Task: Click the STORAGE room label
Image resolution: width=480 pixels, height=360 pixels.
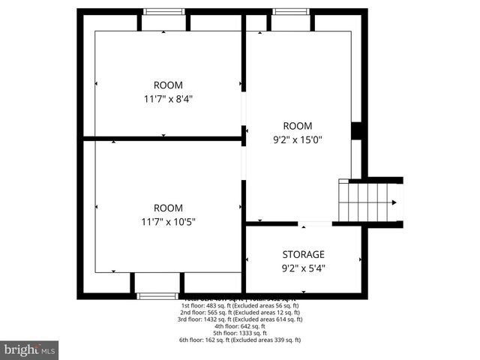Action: [x=303, y=254]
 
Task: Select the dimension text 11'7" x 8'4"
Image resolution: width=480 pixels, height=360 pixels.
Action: [x=168, y=98]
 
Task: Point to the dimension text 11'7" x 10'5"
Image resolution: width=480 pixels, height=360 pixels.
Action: [x=168, y=221]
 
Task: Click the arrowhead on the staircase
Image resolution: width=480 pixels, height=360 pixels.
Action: [x=394, y=202]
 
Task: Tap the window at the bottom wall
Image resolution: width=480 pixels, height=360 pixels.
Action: [x=157, y=296]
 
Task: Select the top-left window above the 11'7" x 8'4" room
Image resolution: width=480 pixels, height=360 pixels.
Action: [x=164, y=12]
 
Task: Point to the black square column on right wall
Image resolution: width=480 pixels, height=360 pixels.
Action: [x=357, y=130]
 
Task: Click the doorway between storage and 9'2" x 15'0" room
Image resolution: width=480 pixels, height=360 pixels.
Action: [x=315, y=223]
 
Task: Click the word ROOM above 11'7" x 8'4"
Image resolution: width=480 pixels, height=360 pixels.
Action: [x=168, y=85]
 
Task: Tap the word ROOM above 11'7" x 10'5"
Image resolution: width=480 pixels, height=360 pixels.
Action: [x=168, y=208]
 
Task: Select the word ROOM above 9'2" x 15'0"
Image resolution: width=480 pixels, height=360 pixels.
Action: [x=297, y=125]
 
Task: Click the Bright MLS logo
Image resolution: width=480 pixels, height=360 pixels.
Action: [x=30, y=349]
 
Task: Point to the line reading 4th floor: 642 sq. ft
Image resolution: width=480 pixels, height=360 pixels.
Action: [x=240, y=326]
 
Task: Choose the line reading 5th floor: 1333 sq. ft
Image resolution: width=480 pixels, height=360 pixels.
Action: [x=240, y=333]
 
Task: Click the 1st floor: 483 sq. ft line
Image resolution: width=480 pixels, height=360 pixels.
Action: [x=240, y=306]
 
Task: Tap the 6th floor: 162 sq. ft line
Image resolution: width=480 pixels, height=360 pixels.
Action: [x=240, y=340]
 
